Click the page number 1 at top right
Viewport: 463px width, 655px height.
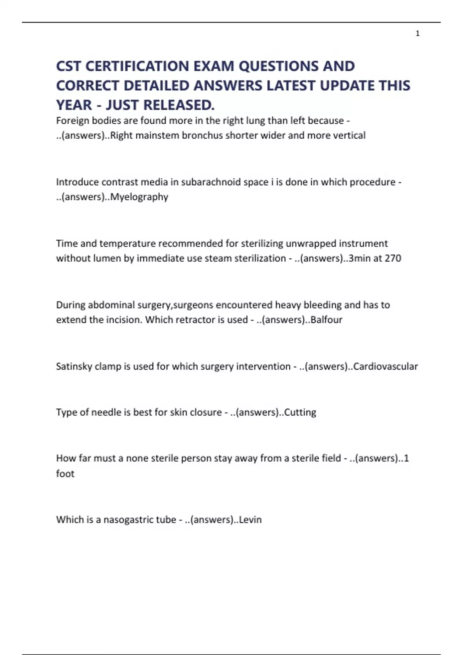[417, 34]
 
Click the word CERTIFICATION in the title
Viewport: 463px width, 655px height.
[137, 66]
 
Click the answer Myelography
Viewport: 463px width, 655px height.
[139, 197]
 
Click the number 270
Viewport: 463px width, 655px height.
[393, 258]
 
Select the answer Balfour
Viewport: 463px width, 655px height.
[326, 320]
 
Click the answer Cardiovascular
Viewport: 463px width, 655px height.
[385, 366]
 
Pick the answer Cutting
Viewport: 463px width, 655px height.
[300, 412]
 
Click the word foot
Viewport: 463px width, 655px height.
[65, 474]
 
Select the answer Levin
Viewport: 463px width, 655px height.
[250, 520]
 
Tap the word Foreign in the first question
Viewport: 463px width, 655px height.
[72, 121]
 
